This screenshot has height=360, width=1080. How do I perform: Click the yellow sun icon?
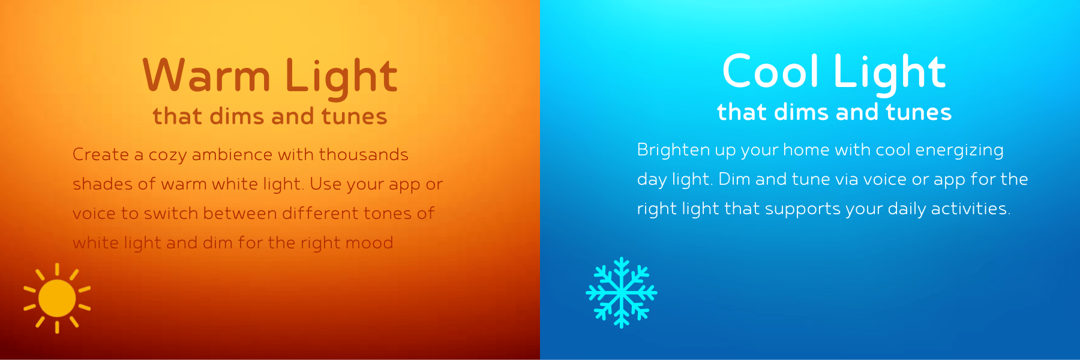click(57, 298)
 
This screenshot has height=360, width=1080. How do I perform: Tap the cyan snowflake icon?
click(622, 293)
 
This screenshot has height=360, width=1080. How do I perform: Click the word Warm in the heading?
click(206, 76)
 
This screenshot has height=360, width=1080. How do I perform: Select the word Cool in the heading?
click(770, 71)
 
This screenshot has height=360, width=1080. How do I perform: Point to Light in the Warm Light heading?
click(341, 78)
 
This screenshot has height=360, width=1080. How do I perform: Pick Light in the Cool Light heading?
click(890, 74)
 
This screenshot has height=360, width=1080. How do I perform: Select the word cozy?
click(167, 155)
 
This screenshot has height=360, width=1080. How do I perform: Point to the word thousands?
click(363, 154)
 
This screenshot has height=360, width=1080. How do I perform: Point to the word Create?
click(101, 154)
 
